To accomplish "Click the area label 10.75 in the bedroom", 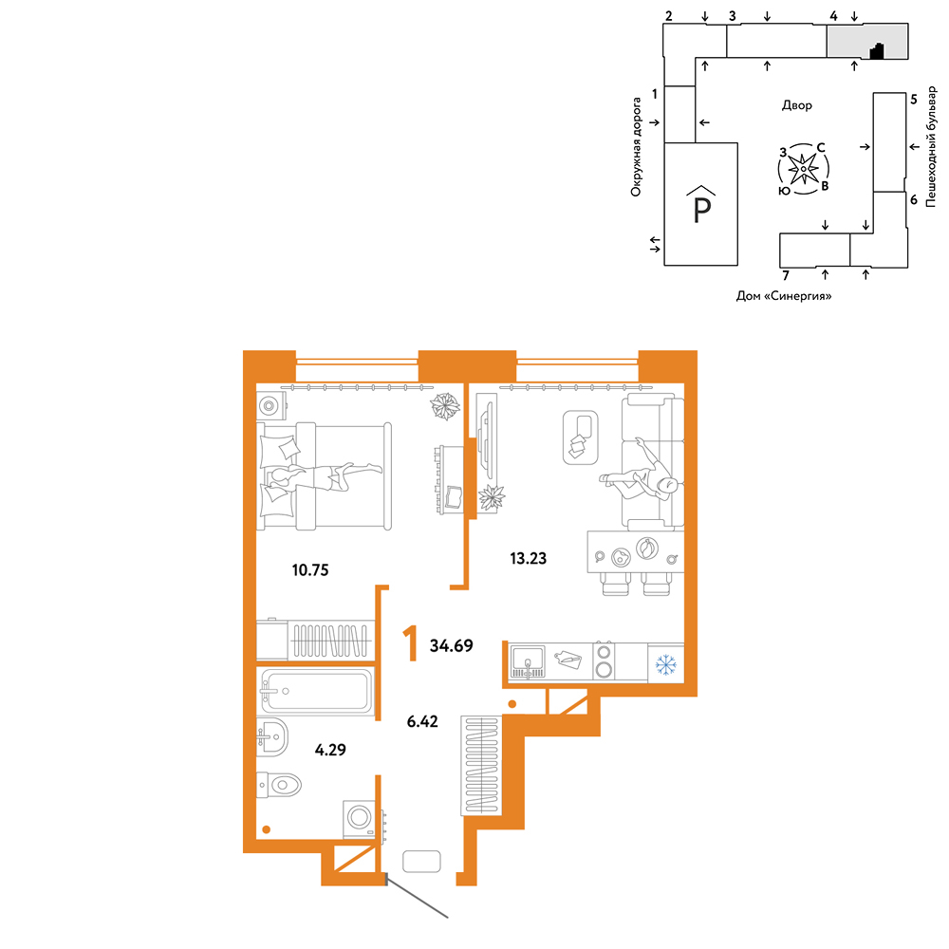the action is (310, 570).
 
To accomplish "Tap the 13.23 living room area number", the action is (529, 558).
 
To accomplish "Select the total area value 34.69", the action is (452, 645).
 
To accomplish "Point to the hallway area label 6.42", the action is (422, 721).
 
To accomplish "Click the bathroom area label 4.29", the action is (330, 750).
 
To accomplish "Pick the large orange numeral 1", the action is (411, 644).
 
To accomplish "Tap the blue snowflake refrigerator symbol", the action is (666, 665).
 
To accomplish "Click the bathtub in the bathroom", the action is (315, 691).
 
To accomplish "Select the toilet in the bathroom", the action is (279, 786).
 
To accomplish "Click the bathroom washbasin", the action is (271, 737).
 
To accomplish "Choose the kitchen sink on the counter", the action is (528, 661).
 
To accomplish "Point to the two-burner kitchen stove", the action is (604, 661).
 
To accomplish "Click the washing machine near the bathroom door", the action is (359, 819).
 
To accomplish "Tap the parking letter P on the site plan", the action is (701, 208).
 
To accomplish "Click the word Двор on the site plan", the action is (797, 105).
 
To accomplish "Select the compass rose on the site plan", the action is (803, 169).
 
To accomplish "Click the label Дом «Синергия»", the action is (784, 296).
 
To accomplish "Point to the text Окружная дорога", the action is (636, 147).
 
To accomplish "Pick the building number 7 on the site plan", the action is (786, 276).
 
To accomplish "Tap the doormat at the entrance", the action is (422, 862).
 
